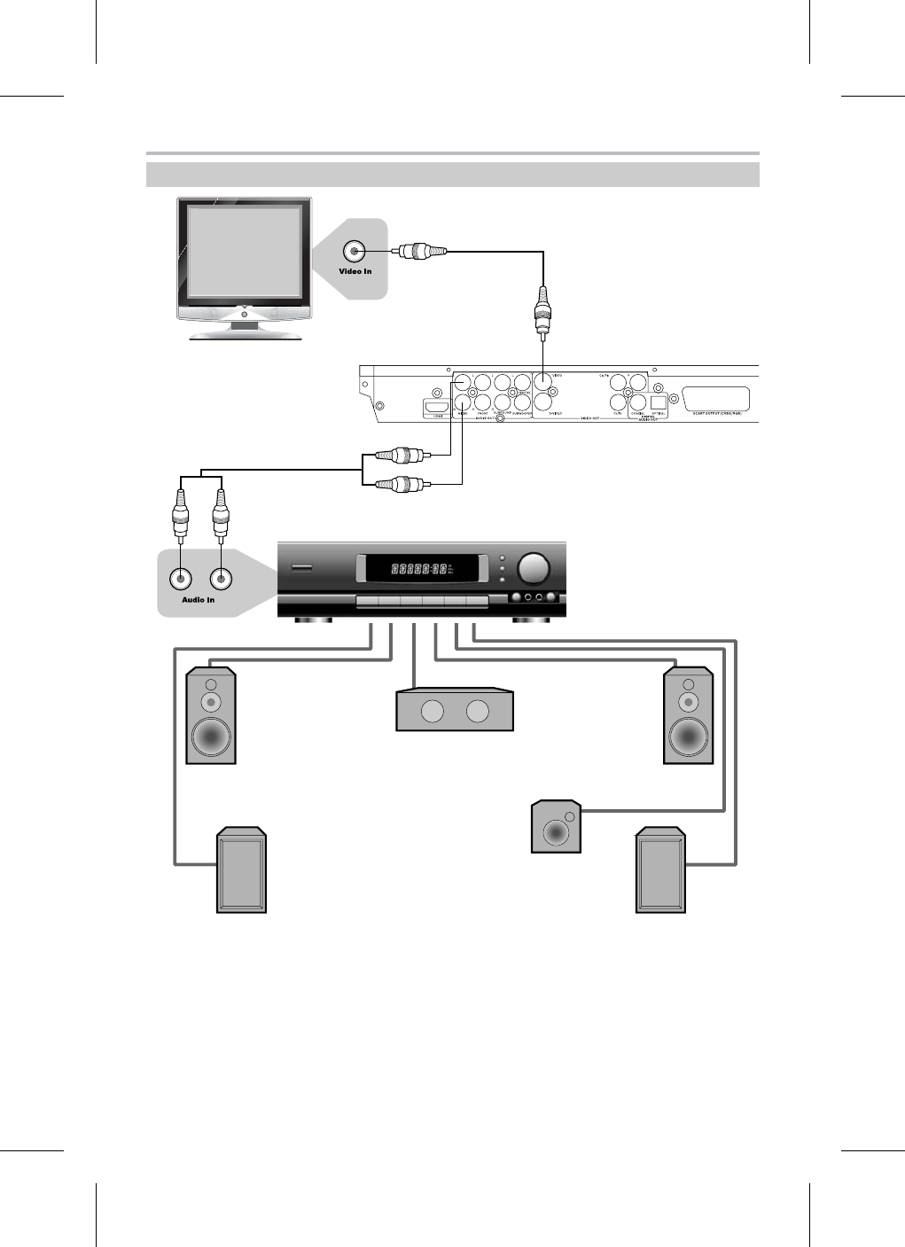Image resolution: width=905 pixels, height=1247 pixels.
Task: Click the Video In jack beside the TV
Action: pyautogui.click(x=355, y=252)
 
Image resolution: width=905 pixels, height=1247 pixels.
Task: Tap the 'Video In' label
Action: pyautogui.click(x=355, y=271)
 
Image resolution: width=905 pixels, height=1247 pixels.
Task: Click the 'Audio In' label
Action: pyautogui.click(x=198, y=600)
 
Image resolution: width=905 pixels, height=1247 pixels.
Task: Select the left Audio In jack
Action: pyautogui.click(x=181, y=579)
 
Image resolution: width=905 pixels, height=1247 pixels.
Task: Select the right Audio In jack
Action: pyautogui.click(x=220, y=579)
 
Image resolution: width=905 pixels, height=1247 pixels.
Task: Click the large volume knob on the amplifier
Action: pyautogui.click(x=533, y=568)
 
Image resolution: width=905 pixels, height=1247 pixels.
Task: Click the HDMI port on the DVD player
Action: pyautogui.click(x=437, y=407)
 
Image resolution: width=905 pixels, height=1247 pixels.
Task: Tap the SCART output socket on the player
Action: pyautogui.click(x=717, y=399)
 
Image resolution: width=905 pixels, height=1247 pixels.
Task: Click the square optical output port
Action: pyautogui.click(x=658, y=401)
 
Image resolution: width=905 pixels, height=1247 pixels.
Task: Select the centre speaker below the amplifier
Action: pyautogui.click(x=455, y=712)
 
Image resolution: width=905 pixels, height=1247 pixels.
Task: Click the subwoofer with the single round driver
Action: pyautogui.click(x=556, y=829)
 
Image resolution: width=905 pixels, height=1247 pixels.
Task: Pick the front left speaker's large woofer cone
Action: pyautogui.click(x=211, y=736)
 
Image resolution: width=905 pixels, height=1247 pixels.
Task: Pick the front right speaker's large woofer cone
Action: pyautogui.click(x=689, y=736)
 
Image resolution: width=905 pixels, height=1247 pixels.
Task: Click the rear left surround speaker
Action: pyautogui.click(x=242, y=871)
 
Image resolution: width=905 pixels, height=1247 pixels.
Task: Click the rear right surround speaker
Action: pyautogui.click(x=660, y=871)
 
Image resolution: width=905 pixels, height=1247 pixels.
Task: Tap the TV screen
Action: pyautogui.click(x=244, y=252)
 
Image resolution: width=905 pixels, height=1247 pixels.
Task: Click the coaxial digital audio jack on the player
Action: pyautogui.click(x=637, y=401)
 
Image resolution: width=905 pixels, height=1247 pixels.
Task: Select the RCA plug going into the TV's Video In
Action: pyautogui.click(x=414, y=252)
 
